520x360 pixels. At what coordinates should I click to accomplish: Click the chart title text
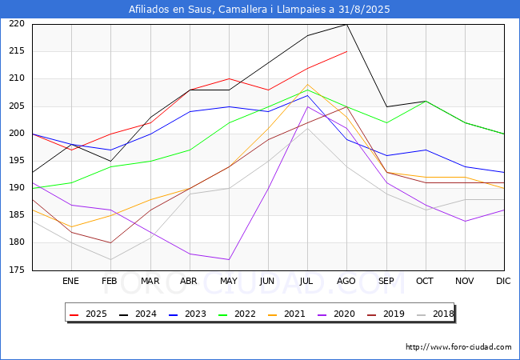259,10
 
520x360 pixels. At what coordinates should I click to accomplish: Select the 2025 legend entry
88,314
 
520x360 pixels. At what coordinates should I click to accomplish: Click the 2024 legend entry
138,314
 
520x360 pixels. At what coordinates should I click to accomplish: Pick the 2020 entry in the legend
336,314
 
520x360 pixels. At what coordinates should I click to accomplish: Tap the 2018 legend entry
435,314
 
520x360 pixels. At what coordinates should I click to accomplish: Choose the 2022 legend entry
237,314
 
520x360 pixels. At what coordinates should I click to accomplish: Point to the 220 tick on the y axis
17,23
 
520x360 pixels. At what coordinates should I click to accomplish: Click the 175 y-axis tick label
17,270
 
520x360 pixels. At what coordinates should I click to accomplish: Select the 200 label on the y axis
17,134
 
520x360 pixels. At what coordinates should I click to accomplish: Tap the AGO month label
346,281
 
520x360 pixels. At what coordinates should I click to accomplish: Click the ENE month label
70,281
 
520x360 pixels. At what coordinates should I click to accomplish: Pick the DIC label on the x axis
503,281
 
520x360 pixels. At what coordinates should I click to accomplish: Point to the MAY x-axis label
229,281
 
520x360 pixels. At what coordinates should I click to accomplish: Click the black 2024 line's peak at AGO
347,24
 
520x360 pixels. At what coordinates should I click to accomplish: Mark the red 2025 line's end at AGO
347,51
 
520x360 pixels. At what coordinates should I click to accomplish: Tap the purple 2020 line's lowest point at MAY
229,259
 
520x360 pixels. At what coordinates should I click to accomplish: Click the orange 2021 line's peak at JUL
307,84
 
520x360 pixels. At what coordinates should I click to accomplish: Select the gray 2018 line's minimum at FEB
110,259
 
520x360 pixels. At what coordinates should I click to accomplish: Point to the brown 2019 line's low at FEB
110,243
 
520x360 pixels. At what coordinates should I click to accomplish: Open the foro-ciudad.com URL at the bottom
458,347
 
